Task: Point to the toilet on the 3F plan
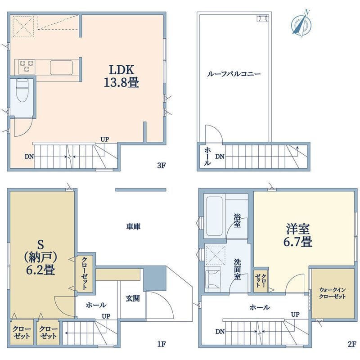21,92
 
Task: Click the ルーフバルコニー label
234,74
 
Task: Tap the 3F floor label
162,165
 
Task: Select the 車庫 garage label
133,227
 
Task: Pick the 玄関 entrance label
132,297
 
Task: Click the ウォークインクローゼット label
332,293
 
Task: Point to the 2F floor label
351,345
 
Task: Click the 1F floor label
162,345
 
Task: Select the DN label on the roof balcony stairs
220,157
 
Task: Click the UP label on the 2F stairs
295,314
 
